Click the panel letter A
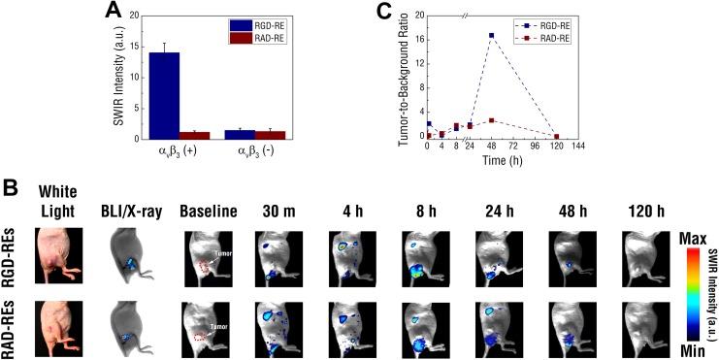[115, 12]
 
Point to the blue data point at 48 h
[492, 36]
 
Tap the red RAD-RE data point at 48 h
[492, 120]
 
